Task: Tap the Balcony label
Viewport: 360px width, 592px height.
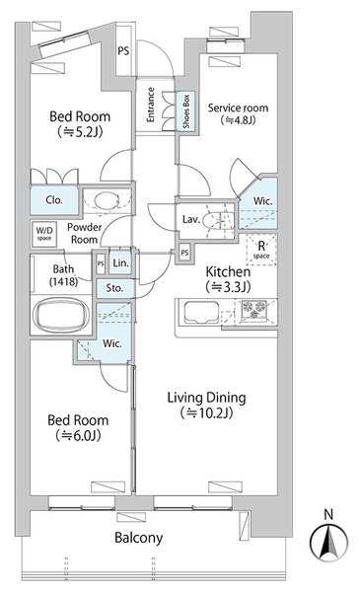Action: pos(138,538)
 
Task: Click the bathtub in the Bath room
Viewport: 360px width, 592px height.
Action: pos(61,315)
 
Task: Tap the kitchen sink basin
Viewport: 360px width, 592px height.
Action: pos(201,313)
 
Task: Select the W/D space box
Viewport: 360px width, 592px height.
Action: pos(43,234)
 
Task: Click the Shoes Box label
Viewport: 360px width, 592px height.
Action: pos(186,111)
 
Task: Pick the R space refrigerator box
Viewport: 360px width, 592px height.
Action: pos(261,250)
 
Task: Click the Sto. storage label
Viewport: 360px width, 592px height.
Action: pos(114,288)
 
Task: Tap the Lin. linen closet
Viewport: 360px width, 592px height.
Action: pos(120,262)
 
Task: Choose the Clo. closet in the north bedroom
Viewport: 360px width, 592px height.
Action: pos(54,201)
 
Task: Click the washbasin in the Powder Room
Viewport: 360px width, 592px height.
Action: pos(107,200)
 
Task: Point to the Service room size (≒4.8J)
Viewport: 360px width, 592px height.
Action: pos(238,120)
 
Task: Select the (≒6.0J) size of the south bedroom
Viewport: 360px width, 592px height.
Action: pos(78,436)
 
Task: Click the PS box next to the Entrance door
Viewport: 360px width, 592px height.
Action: pos(123,49)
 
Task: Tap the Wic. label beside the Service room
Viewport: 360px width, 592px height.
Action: pos(262,201)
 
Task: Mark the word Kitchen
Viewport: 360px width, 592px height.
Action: pos(228,271)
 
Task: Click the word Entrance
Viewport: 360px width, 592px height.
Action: pos(150,105)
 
